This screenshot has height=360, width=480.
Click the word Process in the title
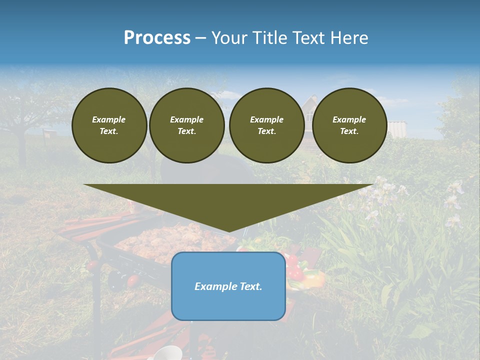(x=157, y=38)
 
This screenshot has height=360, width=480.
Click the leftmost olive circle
(x=109, y=125)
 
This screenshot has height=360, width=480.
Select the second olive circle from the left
(x=186, y=125)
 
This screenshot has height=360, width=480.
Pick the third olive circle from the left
(x=266, y=125)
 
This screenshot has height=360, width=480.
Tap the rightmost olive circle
(x=349, y=125)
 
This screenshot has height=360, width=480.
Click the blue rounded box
(x=228, y=305)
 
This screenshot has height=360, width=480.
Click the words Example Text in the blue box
(x=228, y=286)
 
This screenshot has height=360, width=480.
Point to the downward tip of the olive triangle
(x=228, y=231)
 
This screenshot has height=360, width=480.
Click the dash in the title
(x=200, y=38)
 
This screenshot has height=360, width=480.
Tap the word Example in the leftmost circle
(x=109, y=119)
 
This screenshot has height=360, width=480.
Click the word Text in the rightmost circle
(x=349, y=131)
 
